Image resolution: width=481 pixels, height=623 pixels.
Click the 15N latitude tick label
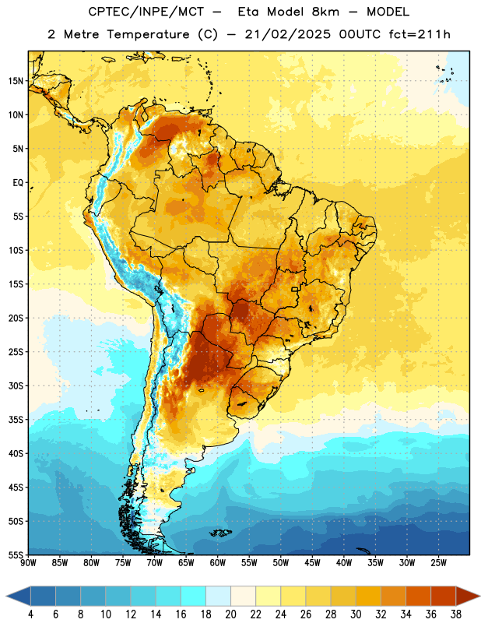coord(16,81)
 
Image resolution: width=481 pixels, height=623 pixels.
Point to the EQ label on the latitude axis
coord(18,183)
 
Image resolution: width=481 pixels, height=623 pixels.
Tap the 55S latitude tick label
coord(16,554)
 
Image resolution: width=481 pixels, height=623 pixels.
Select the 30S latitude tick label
coord(16,385)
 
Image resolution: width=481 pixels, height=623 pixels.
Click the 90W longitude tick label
coord(28,562)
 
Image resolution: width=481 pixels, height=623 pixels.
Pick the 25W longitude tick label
coord(438,562)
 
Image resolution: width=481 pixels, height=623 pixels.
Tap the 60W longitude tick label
coord(218,562)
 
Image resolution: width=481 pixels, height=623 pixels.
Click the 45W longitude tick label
coord(312,562)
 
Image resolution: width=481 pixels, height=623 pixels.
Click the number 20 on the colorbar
coord(230,614)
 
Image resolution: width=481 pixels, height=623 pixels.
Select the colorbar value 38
coord(456,614)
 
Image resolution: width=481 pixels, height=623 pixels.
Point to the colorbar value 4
coord(30,614)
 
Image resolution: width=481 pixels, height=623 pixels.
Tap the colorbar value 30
coord(356,614)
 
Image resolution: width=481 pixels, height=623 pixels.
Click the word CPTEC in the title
coord(106,12)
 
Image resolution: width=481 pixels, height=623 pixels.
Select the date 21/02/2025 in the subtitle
coord(287,34)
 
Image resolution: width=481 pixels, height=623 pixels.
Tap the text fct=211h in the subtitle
coord(420,34)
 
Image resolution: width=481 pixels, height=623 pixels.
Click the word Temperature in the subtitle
coord(148,34)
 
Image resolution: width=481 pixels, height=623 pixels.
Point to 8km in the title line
coord(325,12)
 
